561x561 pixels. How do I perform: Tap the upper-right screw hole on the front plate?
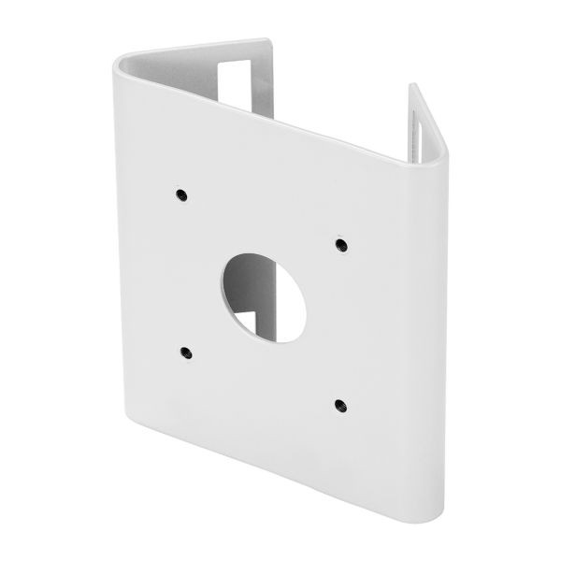coord(340,245)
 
